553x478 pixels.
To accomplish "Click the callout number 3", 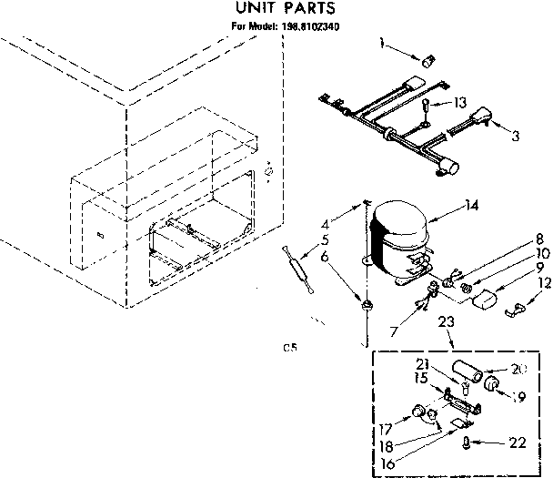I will tap(517, 137).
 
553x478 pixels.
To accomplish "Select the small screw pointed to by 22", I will tap(468, 442).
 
